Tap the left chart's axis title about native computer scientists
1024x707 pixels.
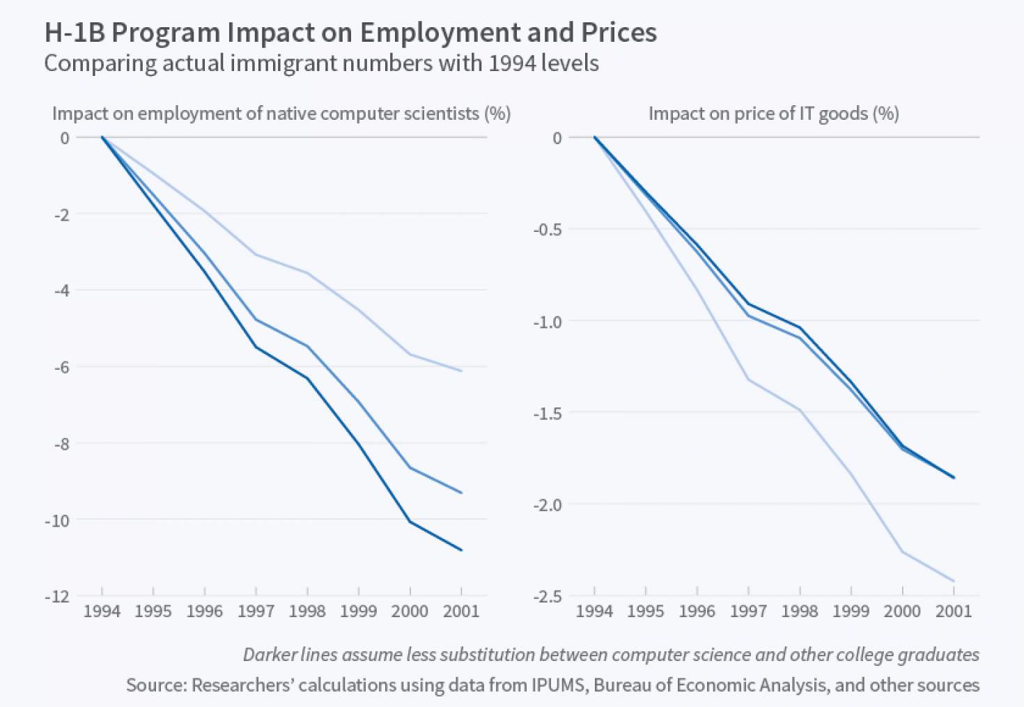[x=281, y=114]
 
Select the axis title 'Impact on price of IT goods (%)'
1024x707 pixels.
[x=773, y=114]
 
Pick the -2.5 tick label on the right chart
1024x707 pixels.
[x=548, y=596]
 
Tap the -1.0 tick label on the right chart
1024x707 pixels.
[x=548, y=322]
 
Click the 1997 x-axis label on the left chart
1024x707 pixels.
[x=256, y=612]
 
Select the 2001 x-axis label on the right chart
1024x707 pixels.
[x=953, y=612]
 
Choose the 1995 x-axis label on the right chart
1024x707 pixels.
[x=645, y=612]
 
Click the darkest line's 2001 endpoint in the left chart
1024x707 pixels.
[x=461, y=550]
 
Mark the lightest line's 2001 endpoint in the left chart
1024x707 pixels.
[x=461, y=371]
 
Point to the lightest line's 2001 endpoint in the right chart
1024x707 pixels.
[x=954, y=581]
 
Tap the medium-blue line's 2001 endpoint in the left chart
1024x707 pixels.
[x=461, y=493]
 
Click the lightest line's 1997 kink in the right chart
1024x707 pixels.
[x=748, y=380]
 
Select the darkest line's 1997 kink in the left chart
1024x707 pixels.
[x=256, y=347]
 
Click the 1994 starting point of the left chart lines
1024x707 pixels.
[x=102, y=137]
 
